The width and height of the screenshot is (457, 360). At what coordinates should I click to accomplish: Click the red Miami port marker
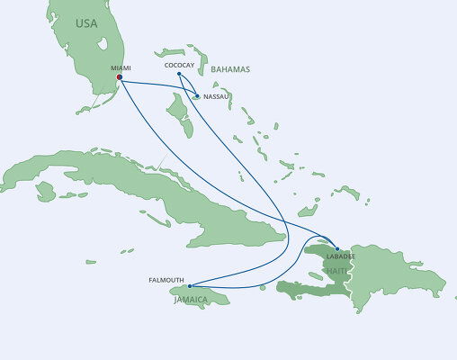click(x=120, y=77)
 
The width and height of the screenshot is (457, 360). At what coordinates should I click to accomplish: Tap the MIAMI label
click(x=120, y=67)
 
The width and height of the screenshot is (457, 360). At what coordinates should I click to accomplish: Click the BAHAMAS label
click(x=229, y=68)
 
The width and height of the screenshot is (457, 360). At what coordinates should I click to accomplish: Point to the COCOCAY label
click(x=180, y=65)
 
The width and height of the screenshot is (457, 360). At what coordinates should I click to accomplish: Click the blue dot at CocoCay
click(x=180, y=74)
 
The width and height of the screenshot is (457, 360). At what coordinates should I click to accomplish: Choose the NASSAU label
click(x=215, y=95)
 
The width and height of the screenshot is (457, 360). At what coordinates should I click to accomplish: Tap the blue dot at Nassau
click(x=196, y=95)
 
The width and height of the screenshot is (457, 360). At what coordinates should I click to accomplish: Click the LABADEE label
click(x=341, y=256)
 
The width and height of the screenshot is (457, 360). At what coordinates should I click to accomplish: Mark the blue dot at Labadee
click(x=336, y=248)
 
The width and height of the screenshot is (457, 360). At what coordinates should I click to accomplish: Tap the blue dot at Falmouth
click(x=190, y=286)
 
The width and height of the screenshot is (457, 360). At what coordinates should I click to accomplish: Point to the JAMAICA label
click(x=192, y=300)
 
